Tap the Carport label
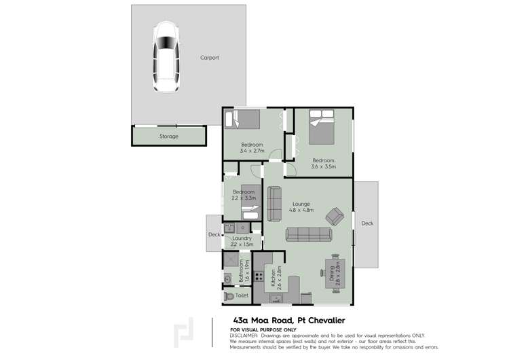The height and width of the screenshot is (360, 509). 209,58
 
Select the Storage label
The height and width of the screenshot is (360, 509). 169,137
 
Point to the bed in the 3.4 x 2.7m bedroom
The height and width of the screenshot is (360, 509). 243,120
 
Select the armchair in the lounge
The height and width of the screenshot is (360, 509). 335,217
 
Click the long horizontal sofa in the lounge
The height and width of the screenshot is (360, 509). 308,235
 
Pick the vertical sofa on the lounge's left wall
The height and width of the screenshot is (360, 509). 275,204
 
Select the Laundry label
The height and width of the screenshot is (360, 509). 242,238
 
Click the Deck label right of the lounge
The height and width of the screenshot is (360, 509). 367,223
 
